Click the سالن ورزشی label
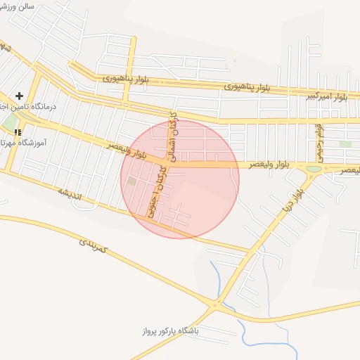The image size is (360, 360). click(20, 6)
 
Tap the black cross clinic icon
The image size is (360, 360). click(19, 95)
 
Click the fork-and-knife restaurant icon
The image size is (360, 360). click(17, 131)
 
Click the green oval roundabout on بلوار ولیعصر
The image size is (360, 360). click(313, 169)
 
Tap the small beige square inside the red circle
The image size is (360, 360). click(131, 181)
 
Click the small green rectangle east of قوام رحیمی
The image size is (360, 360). click(345, 144)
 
